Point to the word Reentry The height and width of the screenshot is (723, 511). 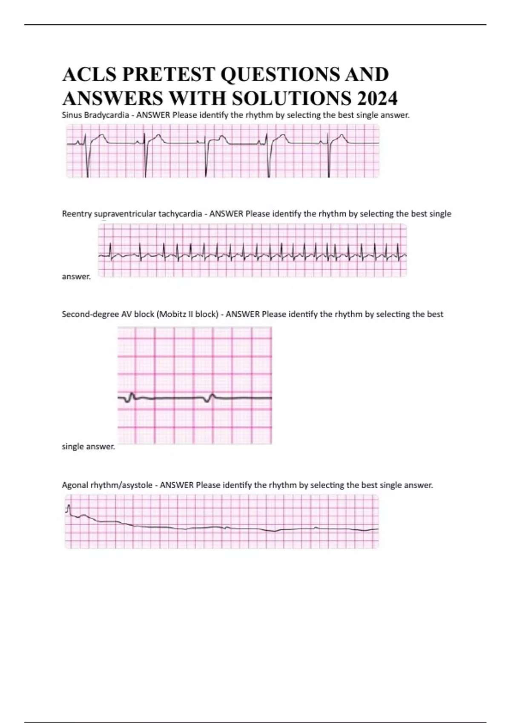(x=77, y=214)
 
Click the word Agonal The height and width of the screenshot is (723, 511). (x=75, y=485)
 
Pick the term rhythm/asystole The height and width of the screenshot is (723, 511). (x=121, y=485)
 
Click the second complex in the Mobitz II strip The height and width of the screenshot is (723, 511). (x=210, y=397)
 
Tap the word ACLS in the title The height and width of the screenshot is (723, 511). (x=89, y=75)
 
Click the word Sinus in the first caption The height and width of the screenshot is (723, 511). (x=72, y=115)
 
